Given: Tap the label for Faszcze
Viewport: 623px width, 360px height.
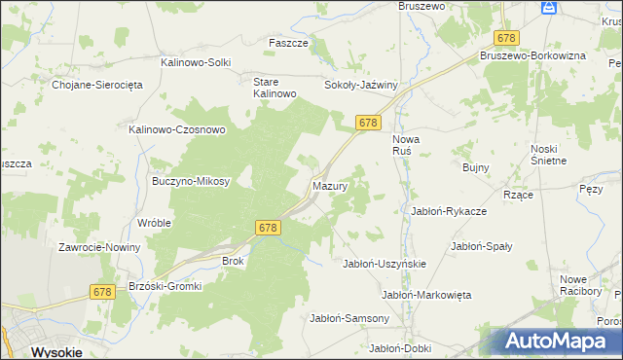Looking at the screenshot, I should pyautogui.click(x=288, y=44).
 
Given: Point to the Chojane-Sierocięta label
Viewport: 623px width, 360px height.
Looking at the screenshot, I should pyautogui.click(x=97, y=85).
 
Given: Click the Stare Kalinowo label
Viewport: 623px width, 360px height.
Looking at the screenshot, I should pyautogui.click(x=274, y=88).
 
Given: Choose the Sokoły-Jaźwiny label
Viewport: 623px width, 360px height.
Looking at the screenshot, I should pyautogui.click(x=361, y=85).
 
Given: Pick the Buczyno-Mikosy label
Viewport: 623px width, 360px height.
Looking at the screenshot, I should pyautogui.click(x=191, y=181).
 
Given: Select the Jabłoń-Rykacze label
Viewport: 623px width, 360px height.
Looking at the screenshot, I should pyautogui.click(x=449, y=210).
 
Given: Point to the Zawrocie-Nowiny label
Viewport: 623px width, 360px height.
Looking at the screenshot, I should pyautogui.click(x=99, y=247).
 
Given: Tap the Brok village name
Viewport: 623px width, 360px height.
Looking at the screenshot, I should pyautogui.click(x=234, y=261).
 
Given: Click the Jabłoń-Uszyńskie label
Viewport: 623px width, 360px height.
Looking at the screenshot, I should pyautogui.click(x=385, y=264).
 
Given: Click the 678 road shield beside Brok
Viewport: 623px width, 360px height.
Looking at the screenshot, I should pyautogui.click(x=270, y=227).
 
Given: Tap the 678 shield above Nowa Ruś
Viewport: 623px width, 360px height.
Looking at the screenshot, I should pyautogui.click(x=368, y=123).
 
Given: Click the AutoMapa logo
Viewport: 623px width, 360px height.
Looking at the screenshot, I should pyautogui.click(x=555, y=342).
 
